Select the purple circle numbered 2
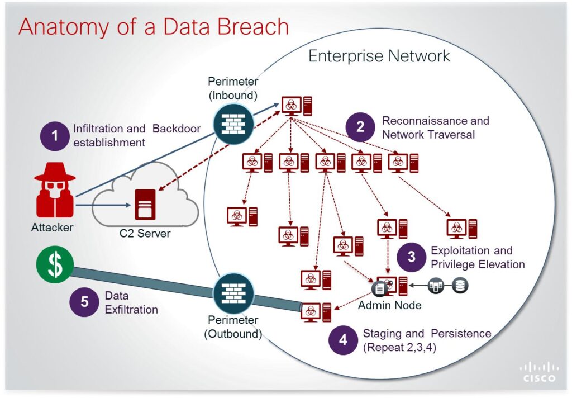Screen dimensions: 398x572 [360, 127]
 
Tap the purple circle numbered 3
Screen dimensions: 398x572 [412, 257]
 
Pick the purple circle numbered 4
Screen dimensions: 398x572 [344, 340]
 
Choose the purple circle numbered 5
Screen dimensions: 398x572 [84, 302]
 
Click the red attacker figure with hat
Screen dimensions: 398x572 [55, 191]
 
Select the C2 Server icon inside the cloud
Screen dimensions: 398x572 [145, 205]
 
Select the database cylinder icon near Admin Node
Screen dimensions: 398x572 [460, 286]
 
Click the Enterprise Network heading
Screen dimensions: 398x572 [379, 56]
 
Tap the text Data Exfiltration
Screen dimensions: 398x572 [131, 302]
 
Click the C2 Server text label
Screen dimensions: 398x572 [145, 234]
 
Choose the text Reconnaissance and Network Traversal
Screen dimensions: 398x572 [435, 127]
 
